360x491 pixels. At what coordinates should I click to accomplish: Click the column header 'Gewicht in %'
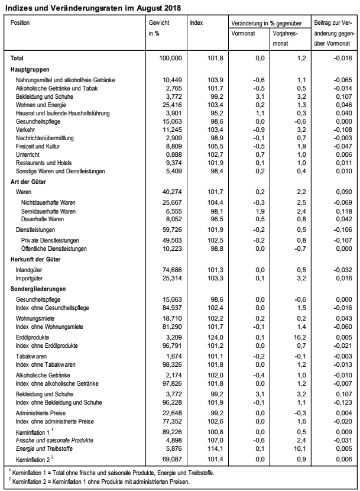pos(160,28)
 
